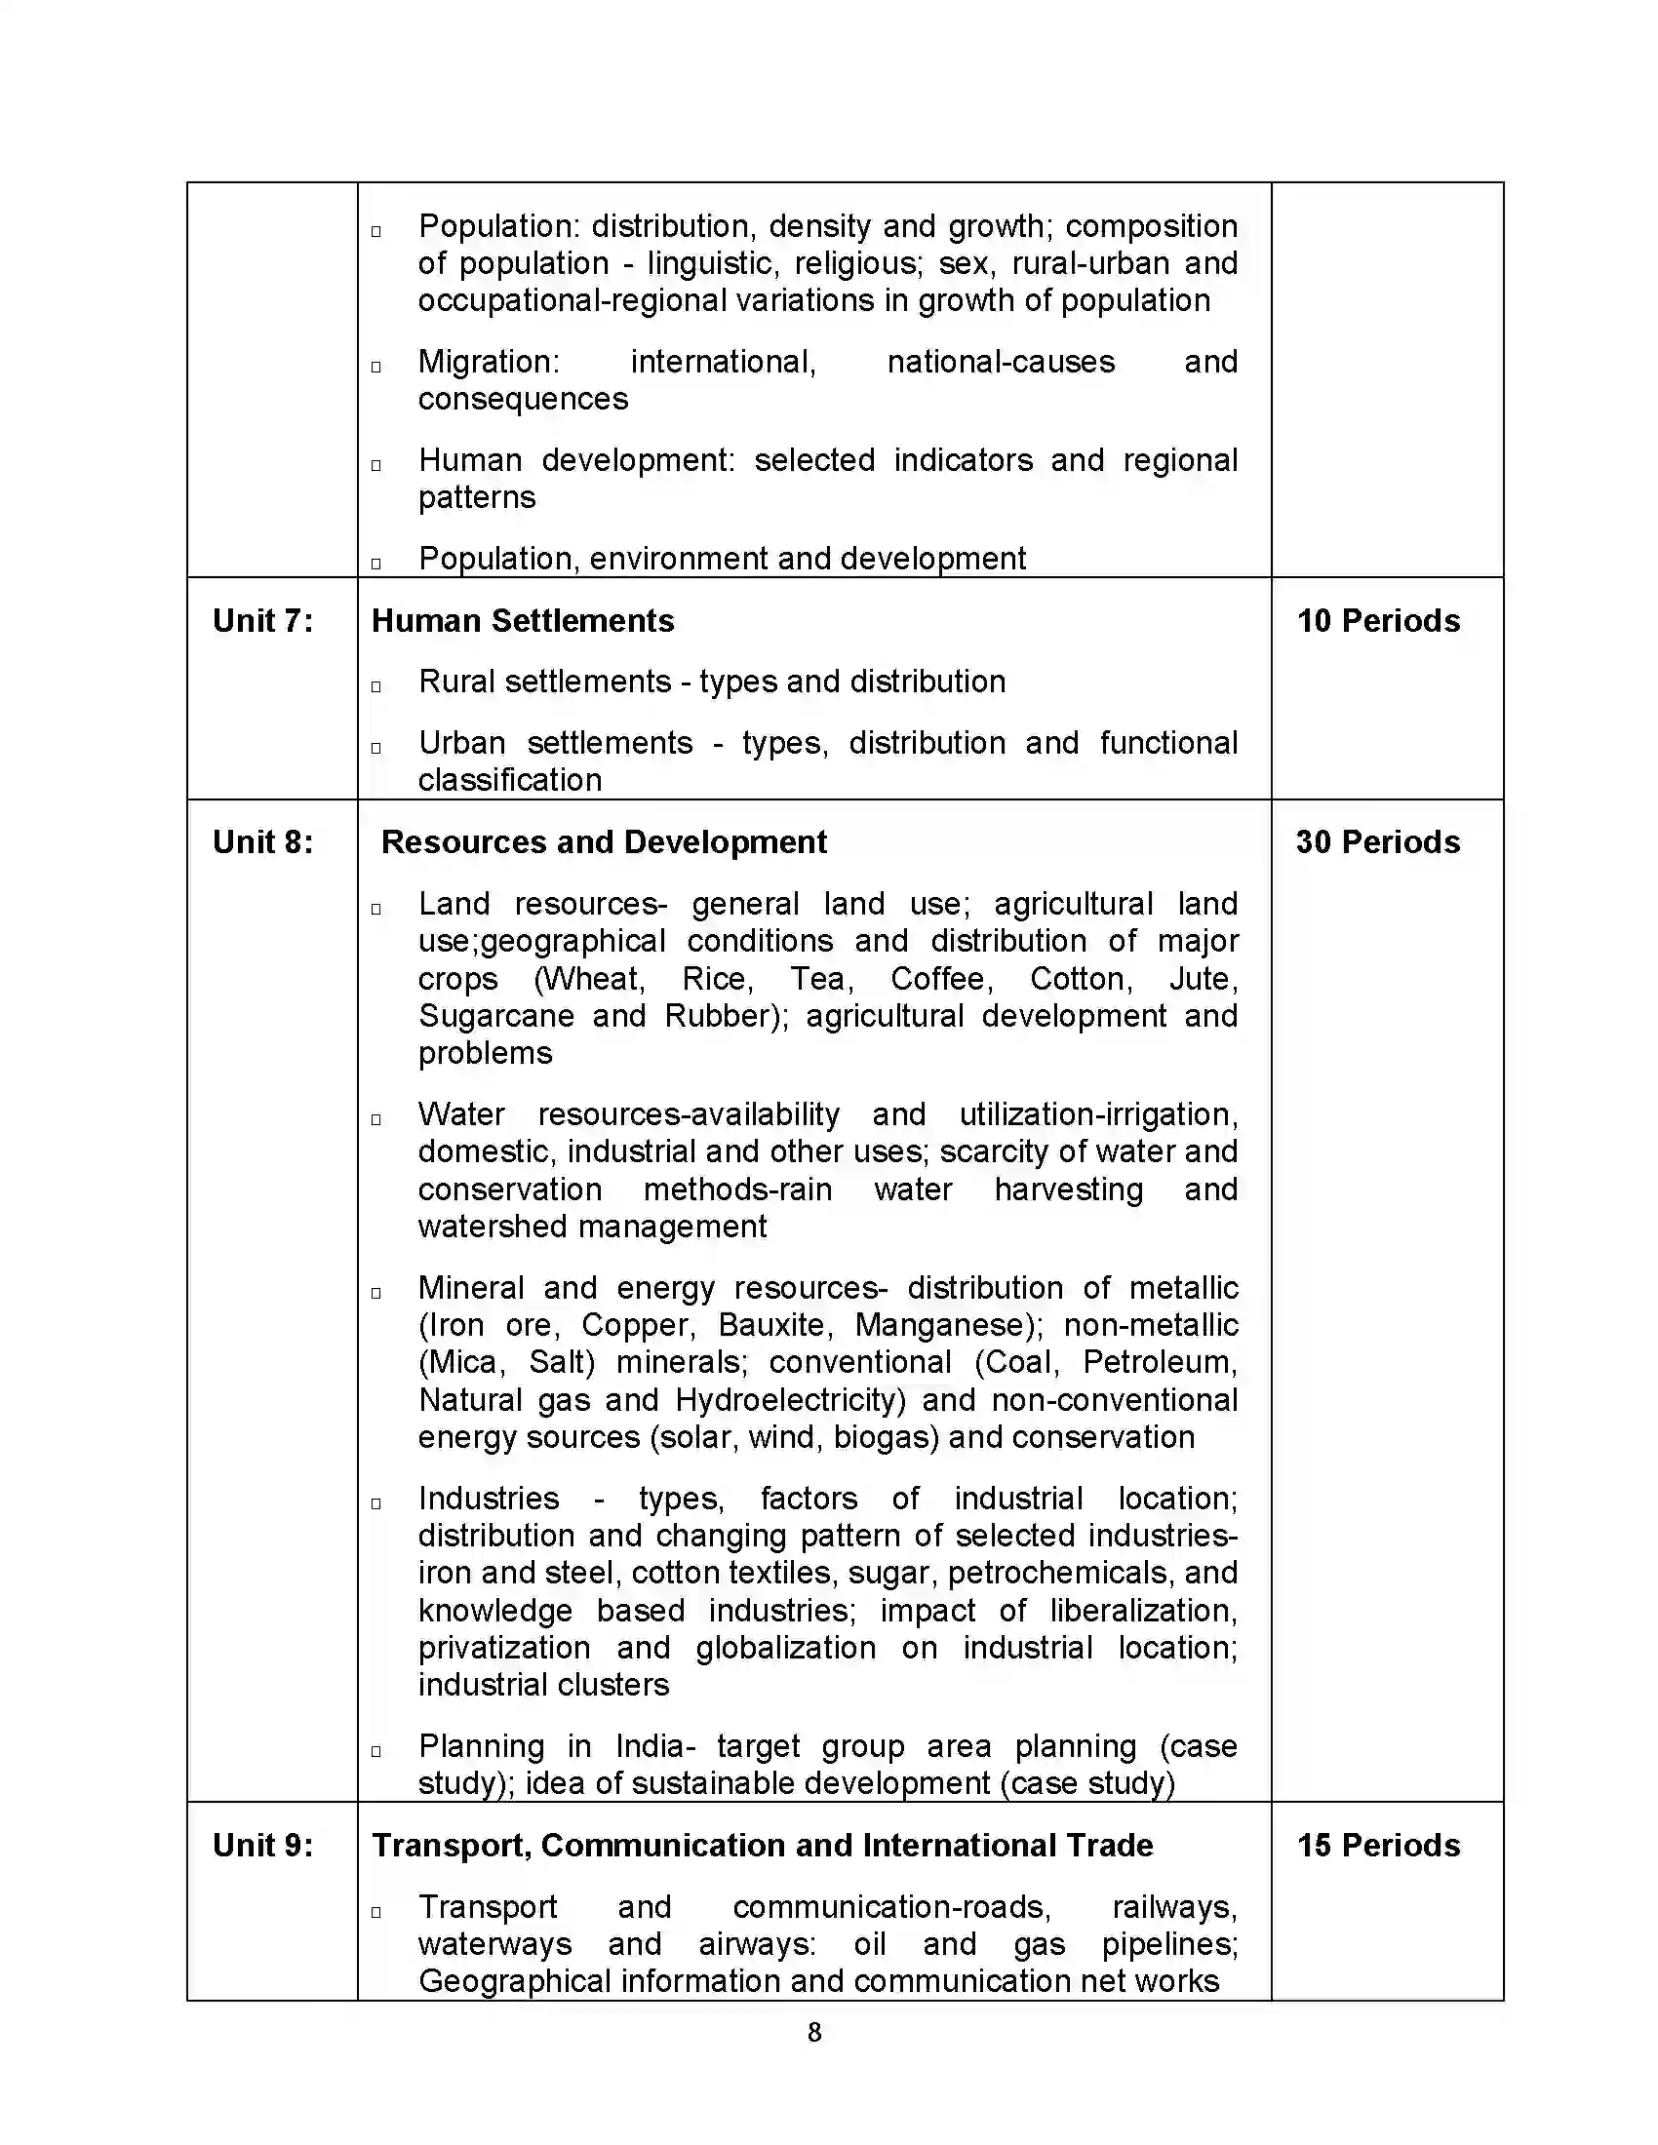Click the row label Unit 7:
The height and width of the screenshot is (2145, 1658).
coord(262,621)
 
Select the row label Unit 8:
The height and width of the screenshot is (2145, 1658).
coord(262,841)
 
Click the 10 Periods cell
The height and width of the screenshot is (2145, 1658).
coord(1378,621)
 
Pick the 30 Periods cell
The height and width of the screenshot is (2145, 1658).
coord(1377,841)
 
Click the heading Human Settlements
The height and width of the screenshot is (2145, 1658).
coord(523,621)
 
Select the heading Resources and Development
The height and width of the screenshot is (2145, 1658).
coord(603,841)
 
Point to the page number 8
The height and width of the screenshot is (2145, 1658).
coord(814,2032)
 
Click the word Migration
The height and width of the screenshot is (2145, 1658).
coord(488,362)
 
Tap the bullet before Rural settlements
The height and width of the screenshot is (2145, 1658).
coord(376,686)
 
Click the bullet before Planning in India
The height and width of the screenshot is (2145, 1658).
coord(376,1751)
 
